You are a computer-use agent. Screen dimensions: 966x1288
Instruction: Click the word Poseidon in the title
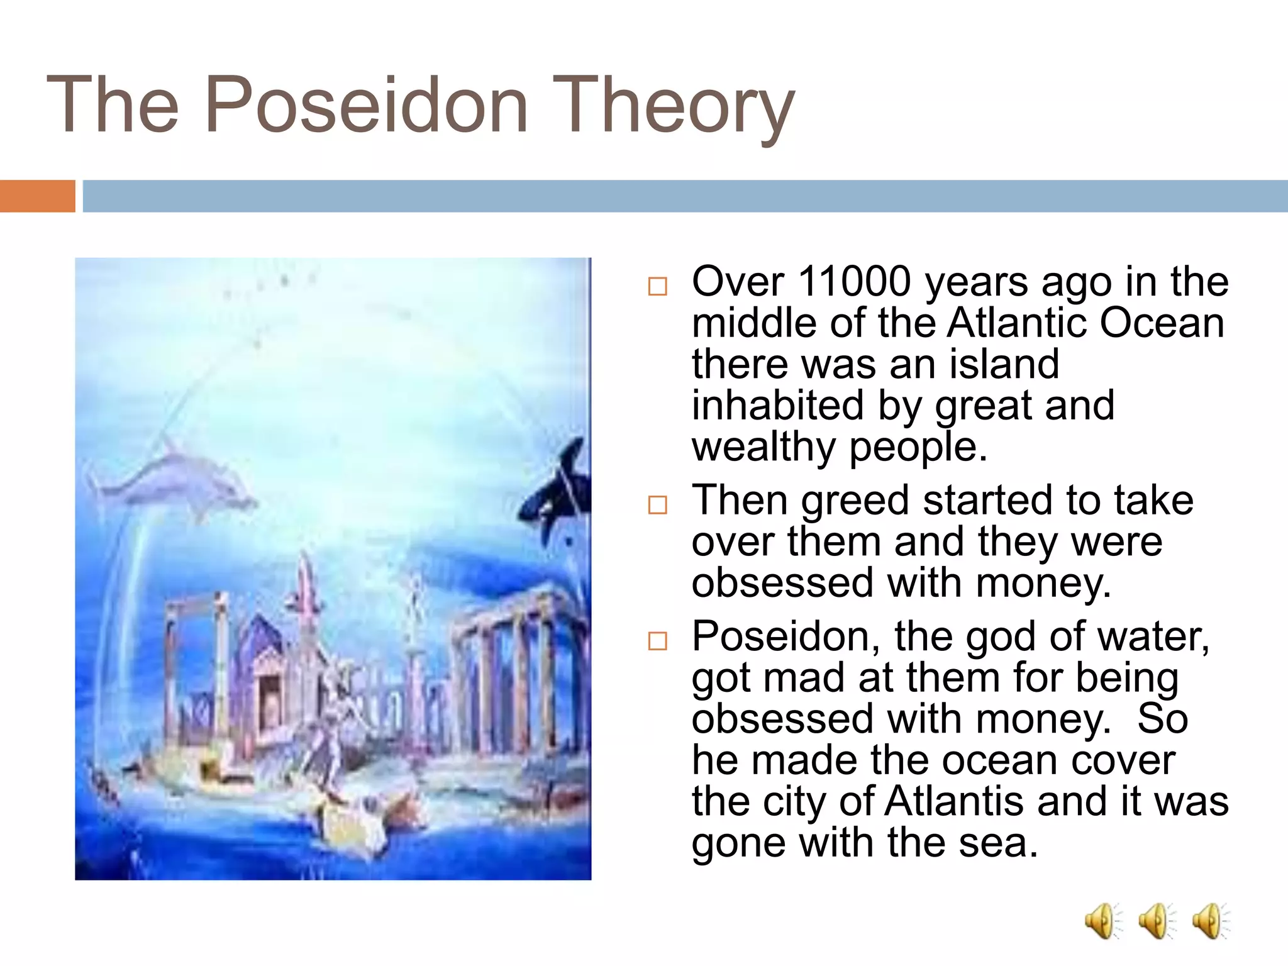click(366, 105)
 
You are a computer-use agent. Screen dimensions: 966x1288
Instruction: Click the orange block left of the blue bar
click(37, 196)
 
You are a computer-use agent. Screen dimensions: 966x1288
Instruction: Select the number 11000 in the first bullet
click(854, 281)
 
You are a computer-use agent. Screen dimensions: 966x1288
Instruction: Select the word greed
click(855, 501)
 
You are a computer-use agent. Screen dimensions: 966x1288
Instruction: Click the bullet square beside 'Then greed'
click(657, 504)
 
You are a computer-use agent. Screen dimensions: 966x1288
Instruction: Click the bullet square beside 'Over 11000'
click(657, 286)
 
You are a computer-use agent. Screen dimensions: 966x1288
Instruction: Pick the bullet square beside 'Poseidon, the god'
click(657, 641)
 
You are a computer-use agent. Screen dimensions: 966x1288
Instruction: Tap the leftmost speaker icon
click(1101, 921)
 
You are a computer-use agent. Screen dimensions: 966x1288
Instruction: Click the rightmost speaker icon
click(1209, 921)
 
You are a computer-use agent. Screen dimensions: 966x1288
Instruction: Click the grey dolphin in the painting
click(176, 481)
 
